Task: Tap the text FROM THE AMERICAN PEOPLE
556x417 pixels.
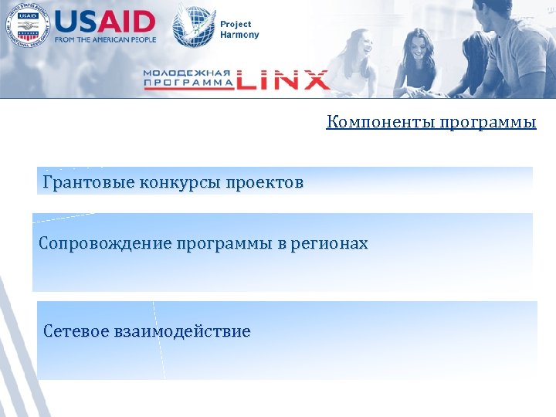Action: pos(105,39)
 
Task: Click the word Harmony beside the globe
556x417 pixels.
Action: pos(240,35)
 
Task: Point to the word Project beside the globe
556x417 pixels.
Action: pos(236,25)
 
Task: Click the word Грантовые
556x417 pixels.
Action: pos(88,183)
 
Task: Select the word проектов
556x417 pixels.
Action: pos(264,183)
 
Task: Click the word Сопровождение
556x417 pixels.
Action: pos(105,244)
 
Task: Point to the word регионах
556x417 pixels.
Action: pos(331,244)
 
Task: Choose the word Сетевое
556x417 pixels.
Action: pos(76,332)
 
